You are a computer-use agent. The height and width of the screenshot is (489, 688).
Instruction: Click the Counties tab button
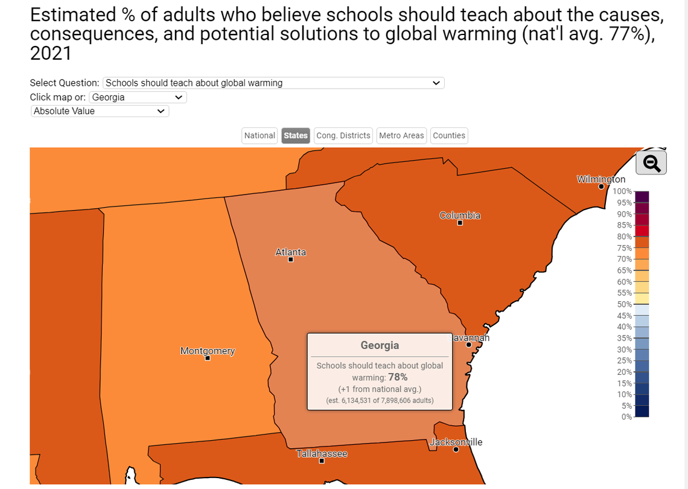(x=449, y=136)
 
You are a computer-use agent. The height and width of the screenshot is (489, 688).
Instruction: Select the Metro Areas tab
(x=401, y=136)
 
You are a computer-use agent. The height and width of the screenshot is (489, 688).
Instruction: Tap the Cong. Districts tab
(x=343, y=136)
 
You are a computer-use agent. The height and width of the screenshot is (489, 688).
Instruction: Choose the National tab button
(x=260, y=136)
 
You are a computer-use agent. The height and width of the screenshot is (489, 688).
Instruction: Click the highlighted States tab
(x=296, y=136)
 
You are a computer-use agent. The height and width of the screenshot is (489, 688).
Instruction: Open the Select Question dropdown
(x=273, y=83)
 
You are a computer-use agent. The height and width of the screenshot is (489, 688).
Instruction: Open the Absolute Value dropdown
(x=100, y=111)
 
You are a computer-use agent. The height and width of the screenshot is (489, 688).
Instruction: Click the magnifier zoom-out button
(x=651, y=163)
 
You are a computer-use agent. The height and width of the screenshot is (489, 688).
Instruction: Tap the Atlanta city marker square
(x=291, y=260)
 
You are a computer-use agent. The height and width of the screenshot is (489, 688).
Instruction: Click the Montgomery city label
(x=208, y=351)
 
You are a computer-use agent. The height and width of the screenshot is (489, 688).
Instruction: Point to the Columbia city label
(x=460, y=216)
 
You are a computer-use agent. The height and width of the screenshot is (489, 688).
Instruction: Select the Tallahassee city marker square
(x=322, y=461)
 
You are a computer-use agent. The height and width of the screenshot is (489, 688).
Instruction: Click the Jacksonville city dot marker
(x=456, y=449)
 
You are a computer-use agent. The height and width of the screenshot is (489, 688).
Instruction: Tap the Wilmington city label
(x=601, y=179)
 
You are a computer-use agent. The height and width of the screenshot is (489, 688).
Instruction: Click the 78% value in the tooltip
(x=398, y=377)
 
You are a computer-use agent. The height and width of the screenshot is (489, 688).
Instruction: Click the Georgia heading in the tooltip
(x=380, y=345)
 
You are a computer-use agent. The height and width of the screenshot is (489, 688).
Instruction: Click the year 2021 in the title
(x=51, y=53)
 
